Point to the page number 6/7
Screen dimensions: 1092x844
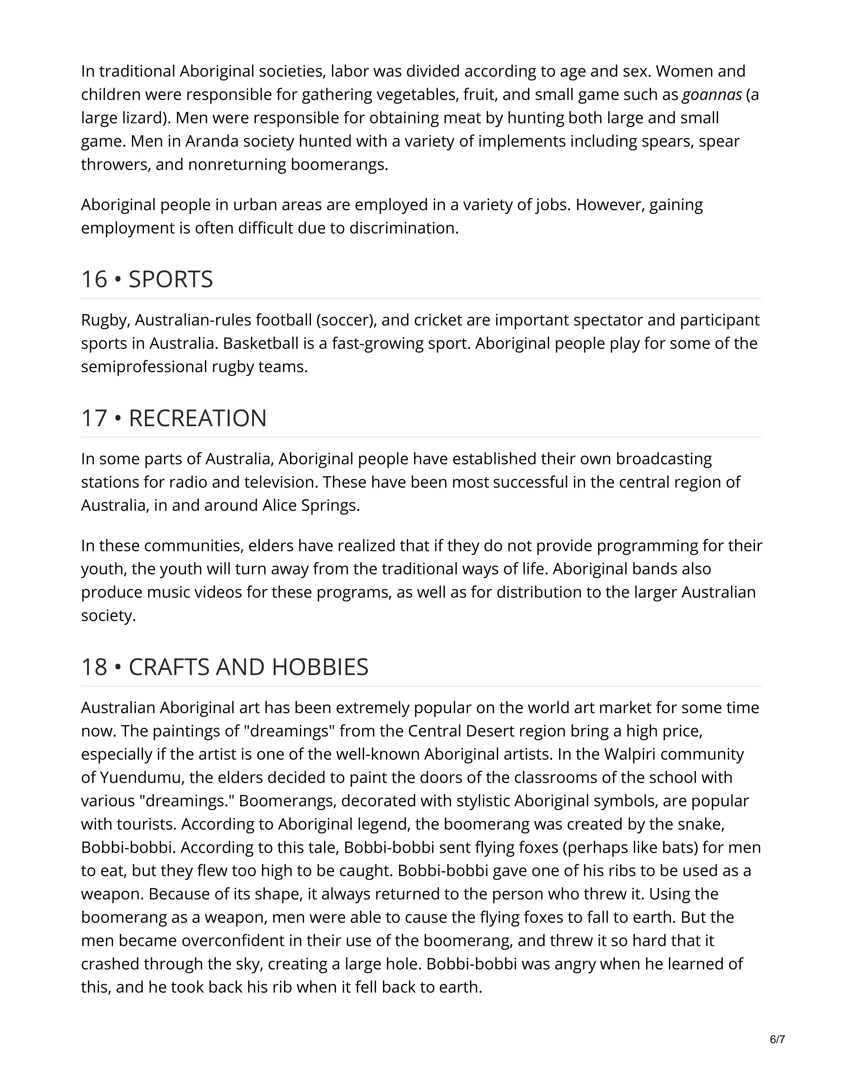pos(777,1039)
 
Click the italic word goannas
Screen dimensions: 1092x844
pos(712,95)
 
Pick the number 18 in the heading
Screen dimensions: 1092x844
pos(94,667)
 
